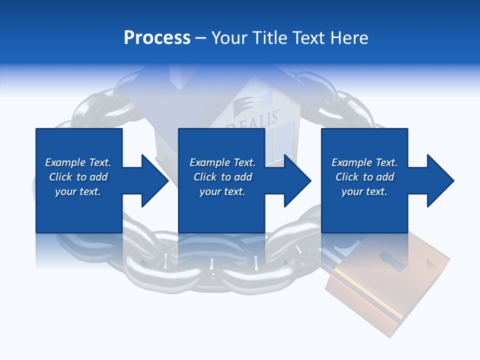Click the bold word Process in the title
(157, 38)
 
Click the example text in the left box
(78, 177)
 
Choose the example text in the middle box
(222, 177)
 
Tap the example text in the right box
(364, 177)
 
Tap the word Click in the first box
(60, 177)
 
